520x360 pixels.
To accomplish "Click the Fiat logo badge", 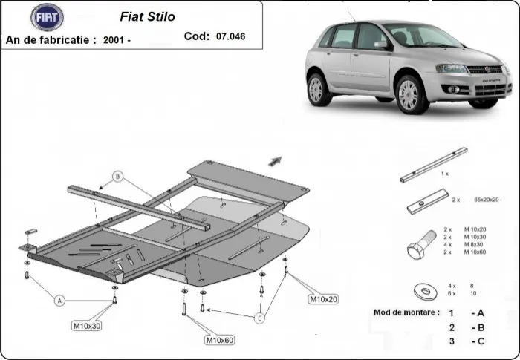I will tap(48, 17).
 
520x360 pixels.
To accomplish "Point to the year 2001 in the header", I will tap(114, 40).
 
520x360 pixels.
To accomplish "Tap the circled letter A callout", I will tap(59, 300).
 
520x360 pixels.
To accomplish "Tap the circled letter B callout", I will tap(117, 177).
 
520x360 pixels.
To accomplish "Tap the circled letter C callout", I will tap(259, 318).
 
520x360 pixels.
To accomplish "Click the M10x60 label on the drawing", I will tap(219, 340).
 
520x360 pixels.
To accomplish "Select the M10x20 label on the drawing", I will tap(324, 299).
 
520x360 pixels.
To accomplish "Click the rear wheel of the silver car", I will tap(317, 89).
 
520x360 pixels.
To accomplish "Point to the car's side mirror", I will tap(380, 45).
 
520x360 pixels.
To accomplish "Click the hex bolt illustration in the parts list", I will tap(420, 245).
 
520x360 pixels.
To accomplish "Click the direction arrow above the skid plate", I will tap(275, 159).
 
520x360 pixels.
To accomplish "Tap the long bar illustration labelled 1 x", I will tap(433, 164).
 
